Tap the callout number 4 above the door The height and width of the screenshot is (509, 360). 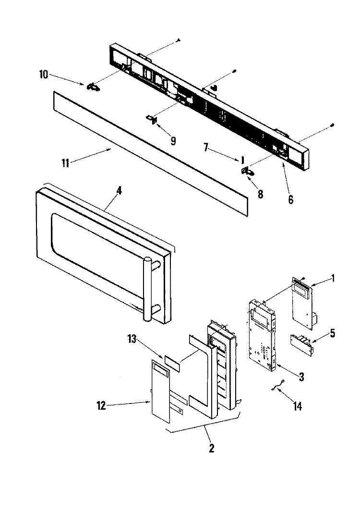119,190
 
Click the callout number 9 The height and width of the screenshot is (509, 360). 173,141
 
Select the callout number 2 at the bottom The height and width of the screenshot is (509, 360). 212,449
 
